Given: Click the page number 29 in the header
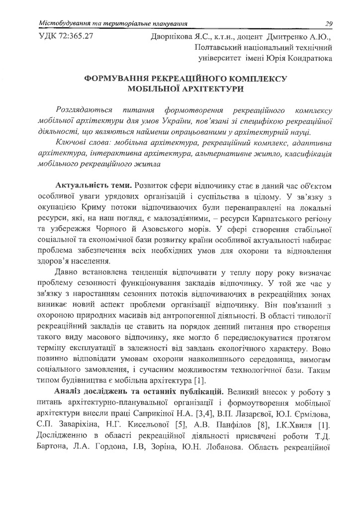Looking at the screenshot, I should [x=328, y=23].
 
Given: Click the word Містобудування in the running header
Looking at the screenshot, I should [x=65, y=23].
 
